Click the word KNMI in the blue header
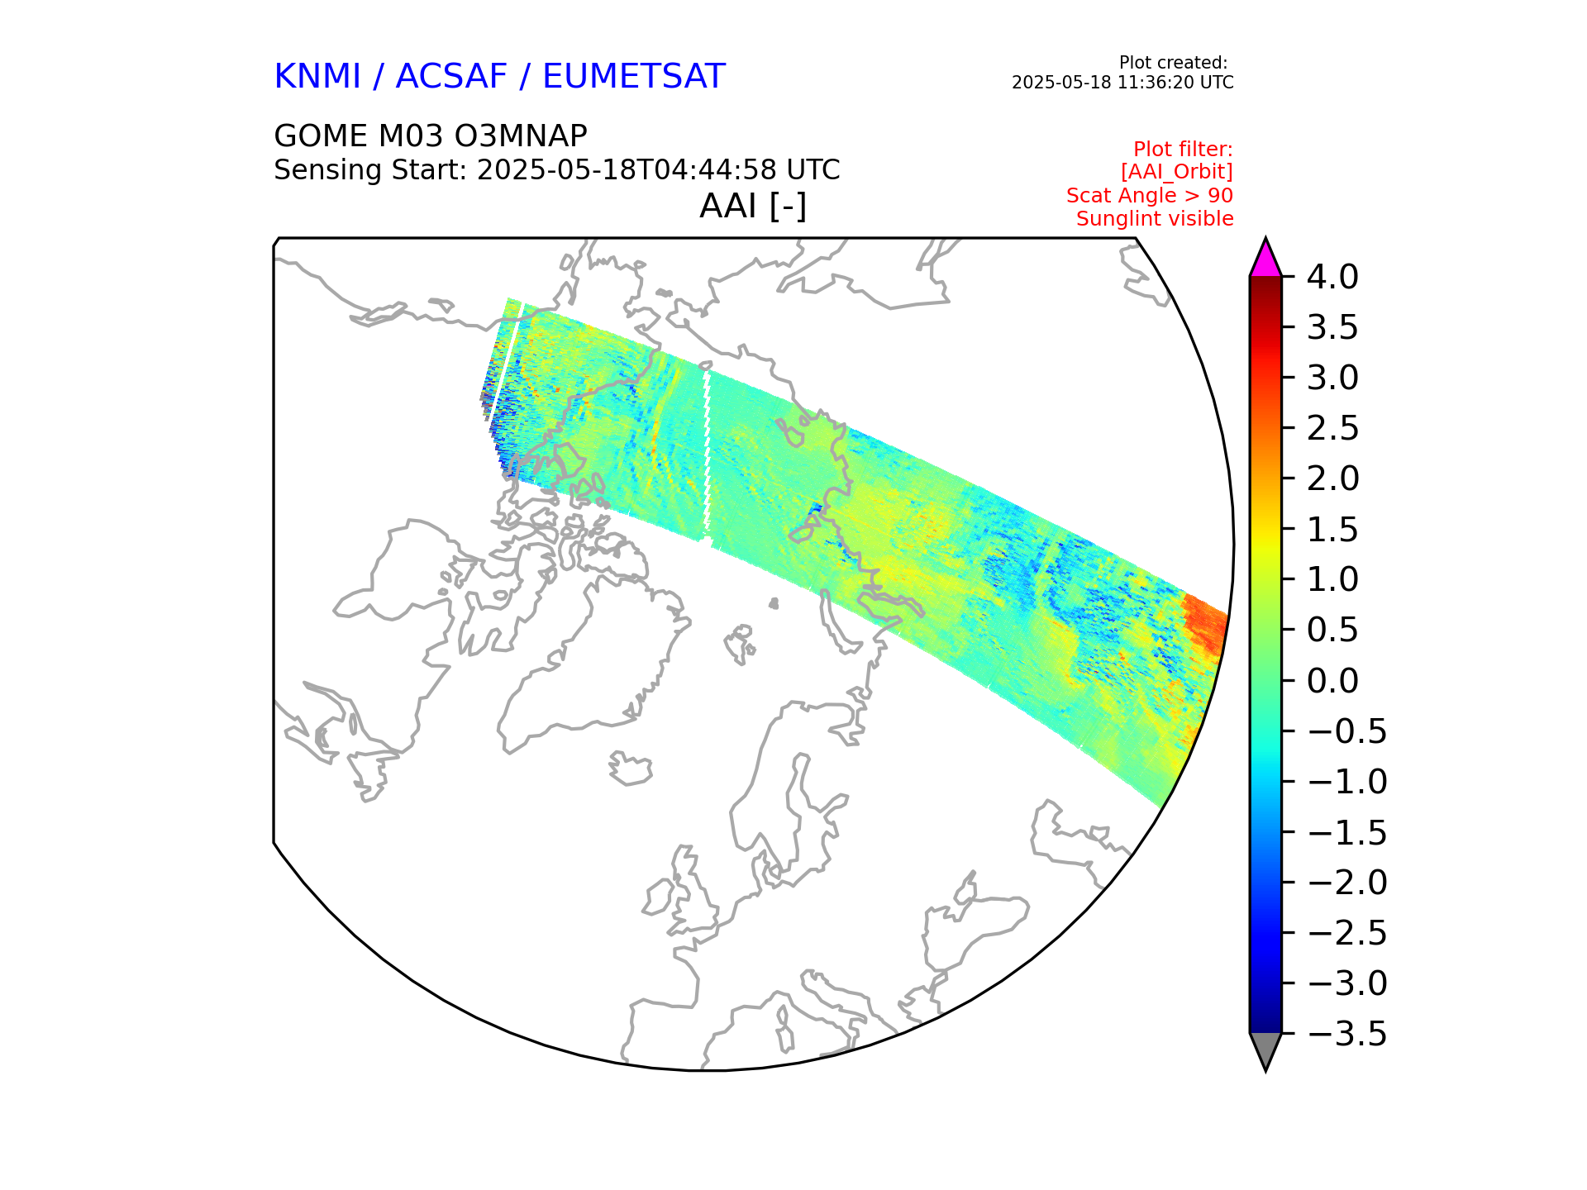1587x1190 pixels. click(x=317, y=77)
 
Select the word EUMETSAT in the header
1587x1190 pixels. click(x=633, y=77)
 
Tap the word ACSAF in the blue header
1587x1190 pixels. click(x=450, y=77)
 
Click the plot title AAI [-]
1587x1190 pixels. click(x=752, y=206)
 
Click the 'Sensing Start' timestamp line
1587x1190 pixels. click(x=556, y=170)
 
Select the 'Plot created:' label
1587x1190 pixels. click(x=1172, y=63)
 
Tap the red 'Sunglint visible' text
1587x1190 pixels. click(x=1154, y=219)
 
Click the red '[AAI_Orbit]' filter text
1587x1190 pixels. click(x=1176, y=172)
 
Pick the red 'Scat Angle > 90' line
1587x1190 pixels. click(x=1149, y=196)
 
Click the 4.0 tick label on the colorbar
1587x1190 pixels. click(x=1332, y=278)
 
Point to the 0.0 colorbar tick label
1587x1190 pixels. click(x=1332, y=681)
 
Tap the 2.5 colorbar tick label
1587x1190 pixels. click(x=1332, y=429)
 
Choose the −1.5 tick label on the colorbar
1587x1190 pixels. click(x=1347, y=833)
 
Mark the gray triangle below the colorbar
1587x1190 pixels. click(x=1265, y=1050)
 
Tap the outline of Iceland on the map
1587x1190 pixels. click(x=631, y=769)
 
